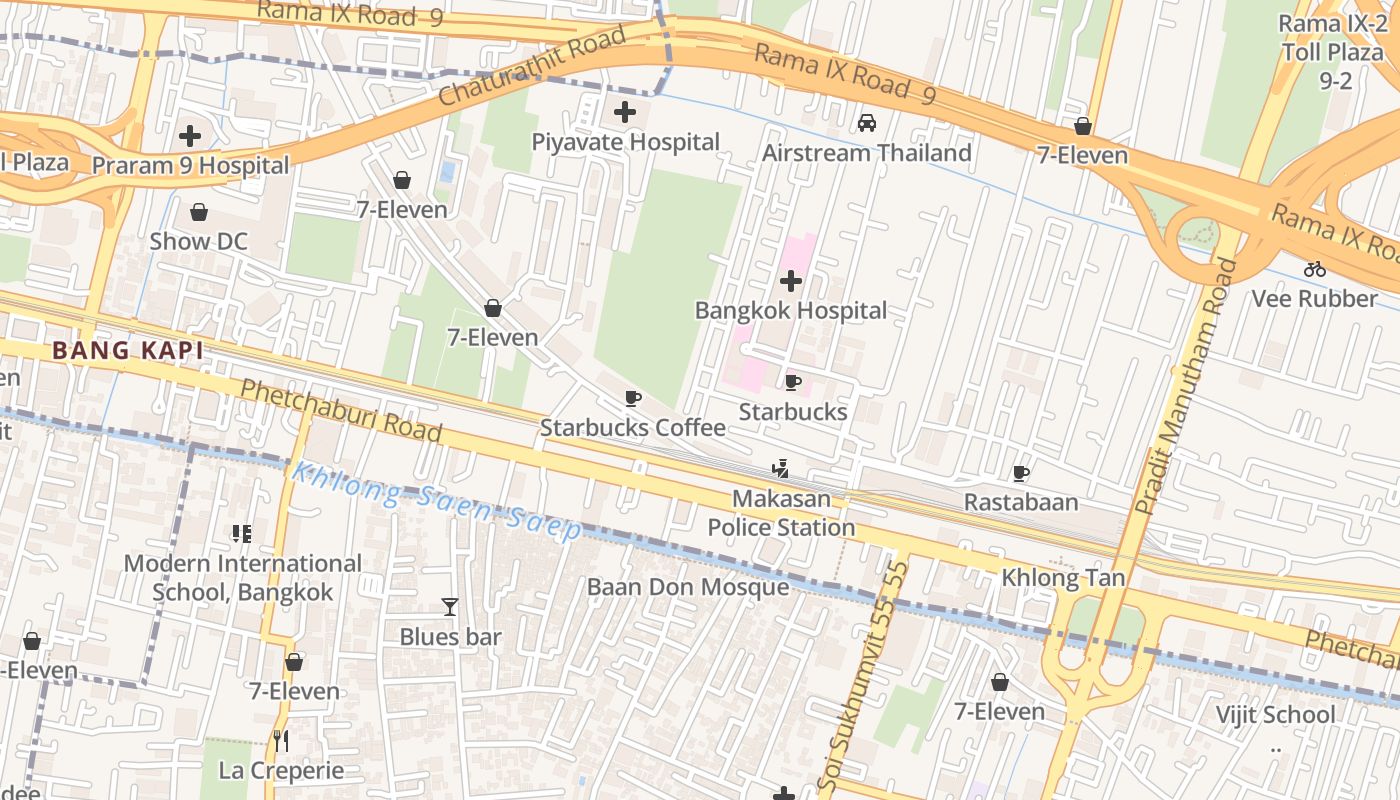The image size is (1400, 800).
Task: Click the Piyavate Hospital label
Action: coord(625,142)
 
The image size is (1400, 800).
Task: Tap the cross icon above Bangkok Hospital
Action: coord(791,281)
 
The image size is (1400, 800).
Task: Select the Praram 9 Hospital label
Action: coord(190,165)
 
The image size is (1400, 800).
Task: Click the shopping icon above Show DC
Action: coord(199,212)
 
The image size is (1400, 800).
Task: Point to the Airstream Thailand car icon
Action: coord(867,123)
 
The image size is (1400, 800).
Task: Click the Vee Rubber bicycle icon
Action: coord(1314,269)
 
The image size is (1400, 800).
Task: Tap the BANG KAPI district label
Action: coord(128,350)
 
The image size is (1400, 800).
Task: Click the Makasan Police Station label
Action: coord(781,513)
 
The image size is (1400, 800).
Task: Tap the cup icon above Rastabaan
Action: coord(1020,473)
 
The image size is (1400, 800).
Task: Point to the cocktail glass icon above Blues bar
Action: coord(450,607)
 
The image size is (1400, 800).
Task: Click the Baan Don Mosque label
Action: coord(687,587)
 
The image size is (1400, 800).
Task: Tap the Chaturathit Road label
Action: coord(532,67)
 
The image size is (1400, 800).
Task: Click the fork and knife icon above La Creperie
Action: coord(282,741)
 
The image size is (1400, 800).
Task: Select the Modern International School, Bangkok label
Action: coord(242,578)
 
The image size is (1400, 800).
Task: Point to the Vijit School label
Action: coord(1274,714)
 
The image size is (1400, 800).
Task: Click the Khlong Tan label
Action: coord(1063,578)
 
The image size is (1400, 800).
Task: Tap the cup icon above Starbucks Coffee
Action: coord(632,399)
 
